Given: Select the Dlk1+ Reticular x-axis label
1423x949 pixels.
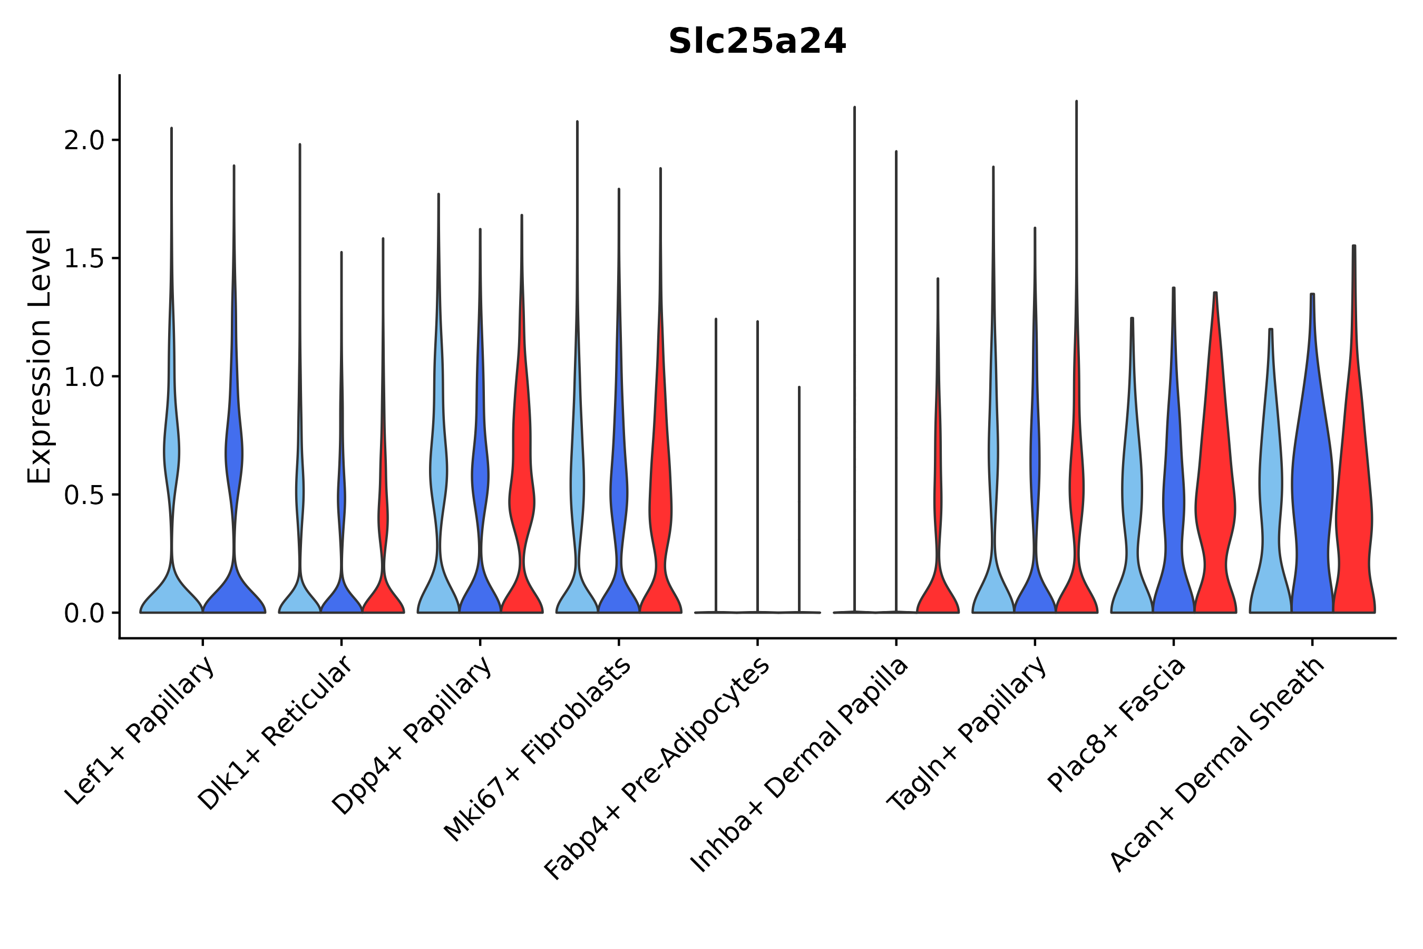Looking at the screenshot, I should (x=275, y=733).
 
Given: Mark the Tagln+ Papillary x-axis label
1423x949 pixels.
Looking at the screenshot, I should (x=966, y=734).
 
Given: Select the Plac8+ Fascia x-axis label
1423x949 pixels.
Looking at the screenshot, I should (x=1116, y=724).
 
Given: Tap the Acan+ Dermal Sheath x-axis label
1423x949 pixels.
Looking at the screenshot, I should (x=1217, y=765).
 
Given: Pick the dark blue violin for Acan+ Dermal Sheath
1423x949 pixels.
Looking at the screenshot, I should (x=1312, y=484).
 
